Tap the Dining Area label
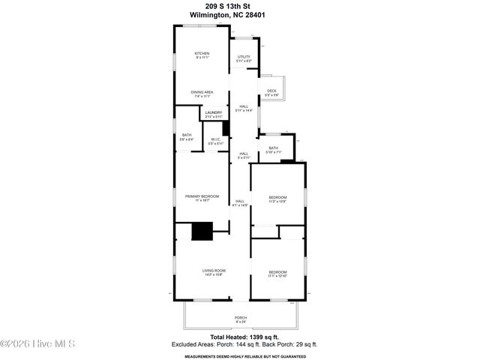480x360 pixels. [x=202, y=94]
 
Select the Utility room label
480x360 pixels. [x=244, y=58]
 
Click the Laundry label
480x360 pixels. [x=214, y=115]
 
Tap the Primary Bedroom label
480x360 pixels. [x=202, y=198]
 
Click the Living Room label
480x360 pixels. [x=214, y=272]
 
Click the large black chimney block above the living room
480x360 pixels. [x=202, y=232]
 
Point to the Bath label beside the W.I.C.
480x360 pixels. [x=186, y=137]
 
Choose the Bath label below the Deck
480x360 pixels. [x=274, y=150]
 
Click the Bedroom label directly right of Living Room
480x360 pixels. [x=277, y=274]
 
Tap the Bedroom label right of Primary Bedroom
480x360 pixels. [x=277, y=199]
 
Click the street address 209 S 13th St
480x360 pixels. [x=240, y=6]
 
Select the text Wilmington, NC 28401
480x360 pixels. [x=240, y=15]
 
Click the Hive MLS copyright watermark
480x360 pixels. [x=37, y=344]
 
